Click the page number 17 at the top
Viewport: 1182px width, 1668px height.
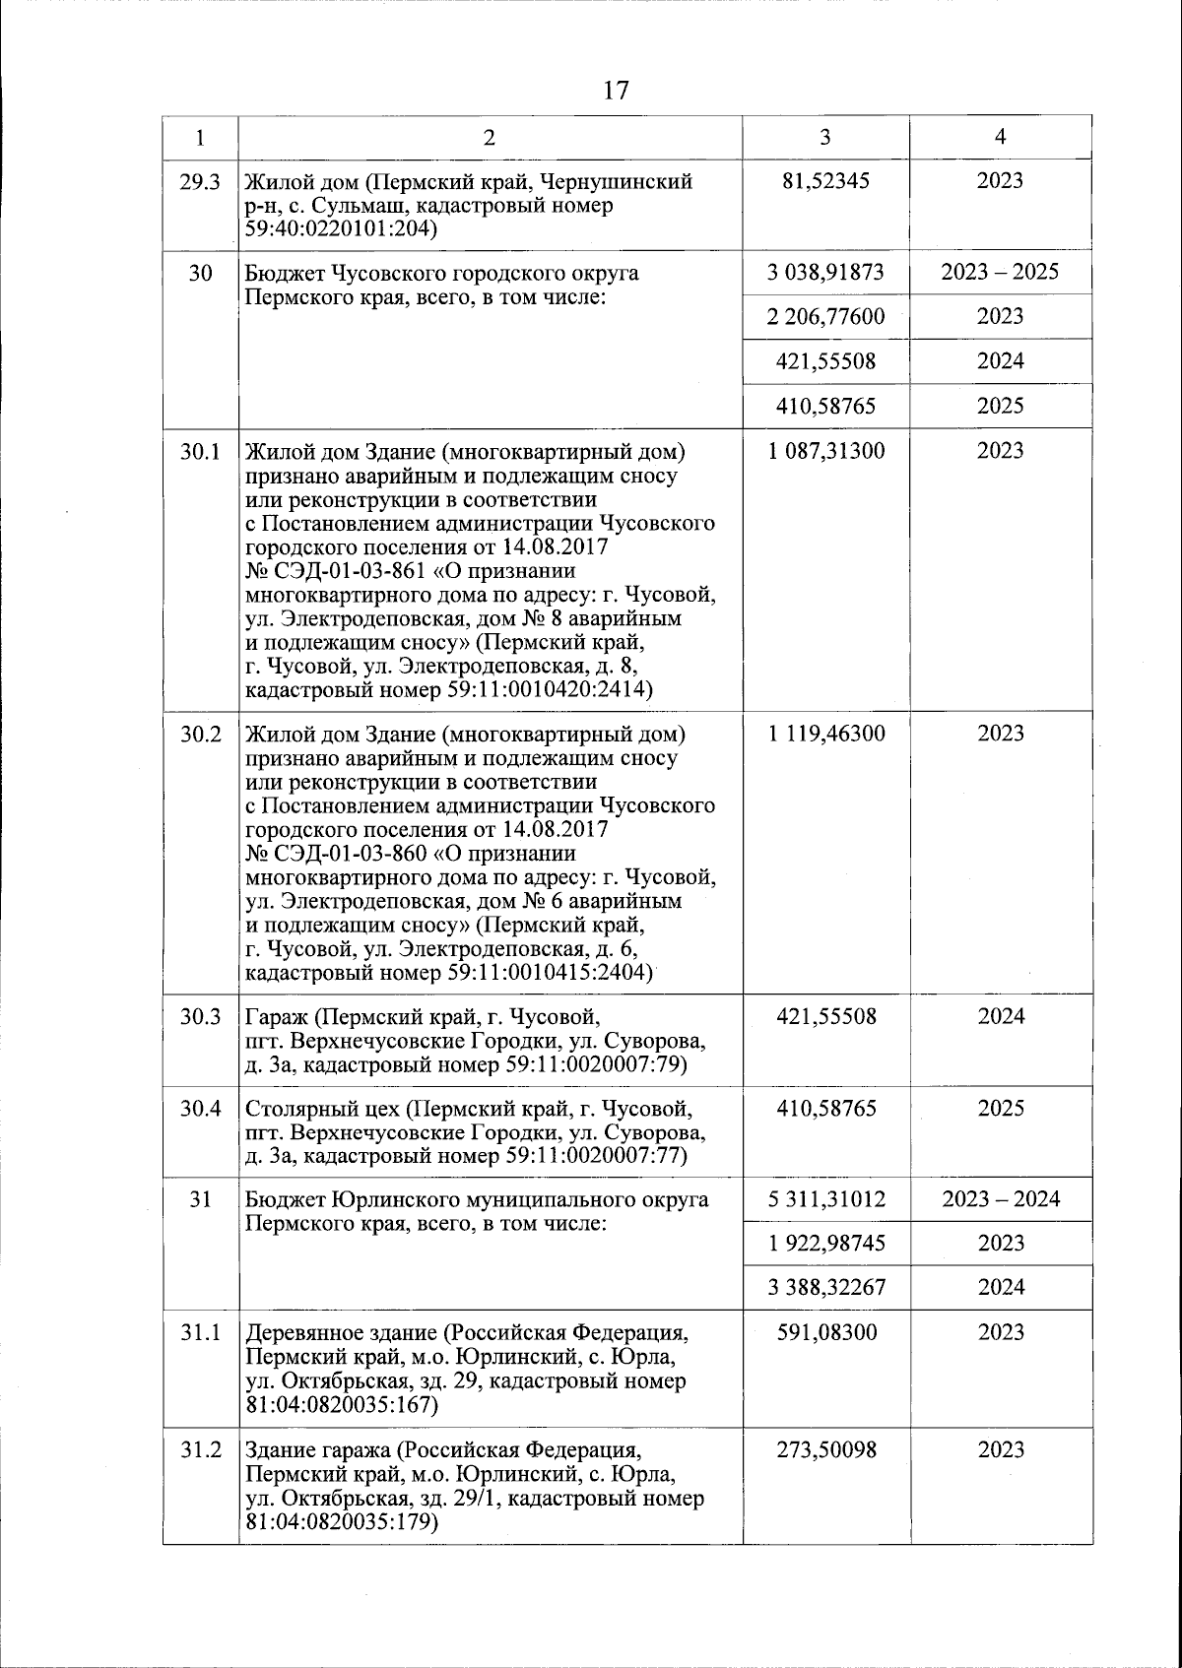[x=616, y=92]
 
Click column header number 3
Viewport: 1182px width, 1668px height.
[x=825, y=138]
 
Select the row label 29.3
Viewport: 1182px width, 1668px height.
[x=200, y=182]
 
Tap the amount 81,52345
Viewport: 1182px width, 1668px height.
[x=825, y=181]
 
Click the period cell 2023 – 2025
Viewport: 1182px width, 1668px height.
[x=1000, y=272]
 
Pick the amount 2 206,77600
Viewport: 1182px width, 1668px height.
[x=825, y=316]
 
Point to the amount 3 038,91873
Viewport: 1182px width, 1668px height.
[x=825, y=272]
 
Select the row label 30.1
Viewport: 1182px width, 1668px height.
[x=200, y=452]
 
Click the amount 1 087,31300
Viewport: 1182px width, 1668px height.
[x=825, y=451]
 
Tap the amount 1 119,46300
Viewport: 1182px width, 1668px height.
[x=825, y=734]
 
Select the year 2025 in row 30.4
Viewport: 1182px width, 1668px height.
[x=1001, y=1109]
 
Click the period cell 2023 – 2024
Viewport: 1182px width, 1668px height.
[x=1001, y=1199]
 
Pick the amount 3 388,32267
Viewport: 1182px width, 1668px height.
[x=825, y=1288]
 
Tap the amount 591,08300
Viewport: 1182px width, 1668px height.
[x=825, y=1332]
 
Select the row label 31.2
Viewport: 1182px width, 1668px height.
[x=200, y=1450]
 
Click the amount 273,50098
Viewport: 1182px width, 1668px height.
[x=825, y=1450]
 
